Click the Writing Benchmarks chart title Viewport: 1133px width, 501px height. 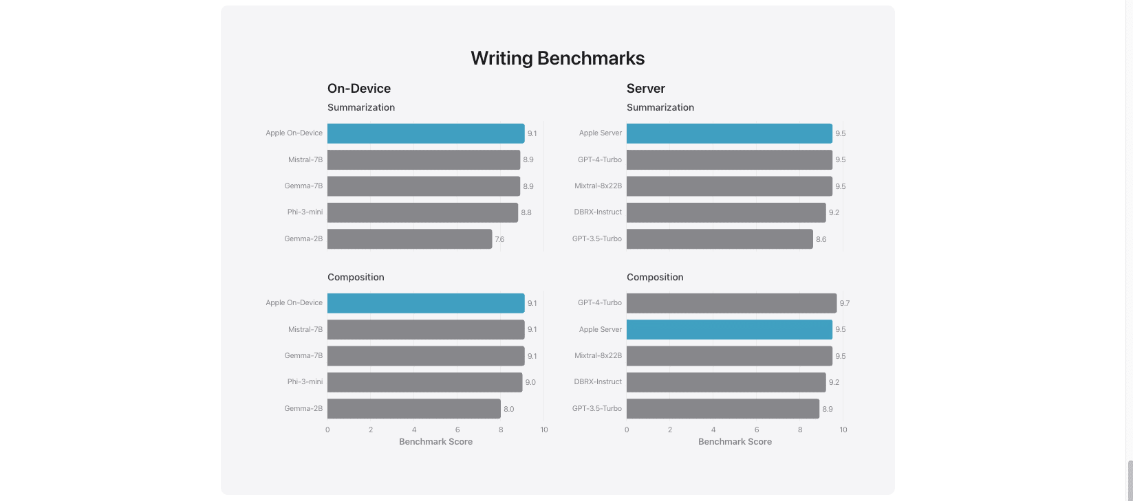point(557,58)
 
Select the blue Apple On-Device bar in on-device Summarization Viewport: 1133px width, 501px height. point(425,133)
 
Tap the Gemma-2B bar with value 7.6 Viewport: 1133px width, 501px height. point(409,239)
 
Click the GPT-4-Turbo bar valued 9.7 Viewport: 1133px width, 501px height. point(731,303)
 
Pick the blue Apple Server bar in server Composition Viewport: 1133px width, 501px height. point(729,330)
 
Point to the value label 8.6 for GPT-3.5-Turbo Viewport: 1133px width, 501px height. point(821,239)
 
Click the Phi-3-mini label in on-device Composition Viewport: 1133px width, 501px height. point(305,382)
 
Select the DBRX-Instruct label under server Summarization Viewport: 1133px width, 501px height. point(598,212)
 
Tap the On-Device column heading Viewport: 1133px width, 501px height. point(359,89)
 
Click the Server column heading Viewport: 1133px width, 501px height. point(645,89)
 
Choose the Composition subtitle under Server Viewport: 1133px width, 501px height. point(655,277)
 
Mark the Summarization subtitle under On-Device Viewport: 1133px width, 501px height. point(361,107)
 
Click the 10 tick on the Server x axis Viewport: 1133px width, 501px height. point(843,430)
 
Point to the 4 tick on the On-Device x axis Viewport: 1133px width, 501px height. point(414,430)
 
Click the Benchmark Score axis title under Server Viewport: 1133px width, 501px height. point(735,442)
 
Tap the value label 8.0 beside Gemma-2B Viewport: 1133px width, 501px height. point(508,409)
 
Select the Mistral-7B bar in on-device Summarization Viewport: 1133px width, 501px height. point(423,160)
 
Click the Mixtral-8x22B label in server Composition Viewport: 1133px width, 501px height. point(598,356)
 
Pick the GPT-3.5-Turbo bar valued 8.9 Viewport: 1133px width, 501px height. point(722,409)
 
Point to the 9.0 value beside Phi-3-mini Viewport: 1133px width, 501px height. point(530,382)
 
